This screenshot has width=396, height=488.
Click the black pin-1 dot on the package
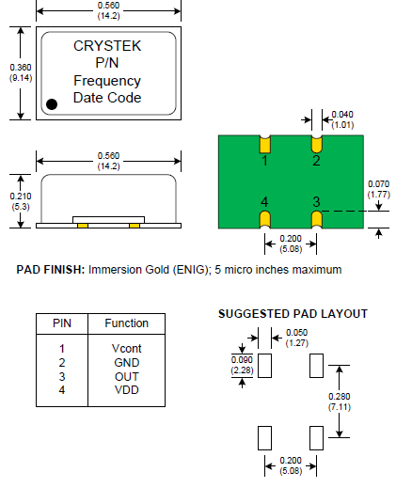[x=52, y=104]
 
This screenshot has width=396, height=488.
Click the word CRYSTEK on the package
[x=107, y=46]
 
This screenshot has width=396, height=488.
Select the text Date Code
[x=107, y=98]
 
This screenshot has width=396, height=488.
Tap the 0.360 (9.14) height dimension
[x=21, y=72]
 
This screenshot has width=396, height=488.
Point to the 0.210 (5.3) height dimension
[x=21, y=201]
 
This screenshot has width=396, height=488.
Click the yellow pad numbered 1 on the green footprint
[x=265, y=145]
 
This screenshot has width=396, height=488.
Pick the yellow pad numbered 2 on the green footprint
[x=317, y=145]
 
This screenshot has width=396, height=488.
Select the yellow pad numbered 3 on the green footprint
[x=317, y=219]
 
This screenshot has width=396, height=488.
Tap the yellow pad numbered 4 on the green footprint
[x=265, y=219]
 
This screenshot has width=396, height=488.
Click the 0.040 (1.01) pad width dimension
[x=342, y=119]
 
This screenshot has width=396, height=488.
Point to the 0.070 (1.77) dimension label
[x=379, y=189]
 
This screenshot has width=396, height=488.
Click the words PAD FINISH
[x=51, y=270]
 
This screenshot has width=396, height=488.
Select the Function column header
[x=126, y=323]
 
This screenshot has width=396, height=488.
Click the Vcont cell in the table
[x=126, y=349]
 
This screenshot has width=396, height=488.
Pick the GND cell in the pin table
[x=126, y=363]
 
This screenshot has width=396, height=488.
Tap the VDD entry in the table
[x=126, y=390]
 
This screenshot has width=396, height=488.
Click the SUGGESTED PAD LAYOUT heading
[x=293, y=314]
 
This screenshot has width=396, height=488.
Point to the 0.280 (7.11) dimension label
[x=340, y=401]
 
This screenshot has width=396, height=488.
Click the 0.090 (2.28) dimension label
[x=242, y=365]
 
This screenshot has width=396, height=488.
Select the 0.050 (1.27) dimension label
[x=296, y=338]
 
